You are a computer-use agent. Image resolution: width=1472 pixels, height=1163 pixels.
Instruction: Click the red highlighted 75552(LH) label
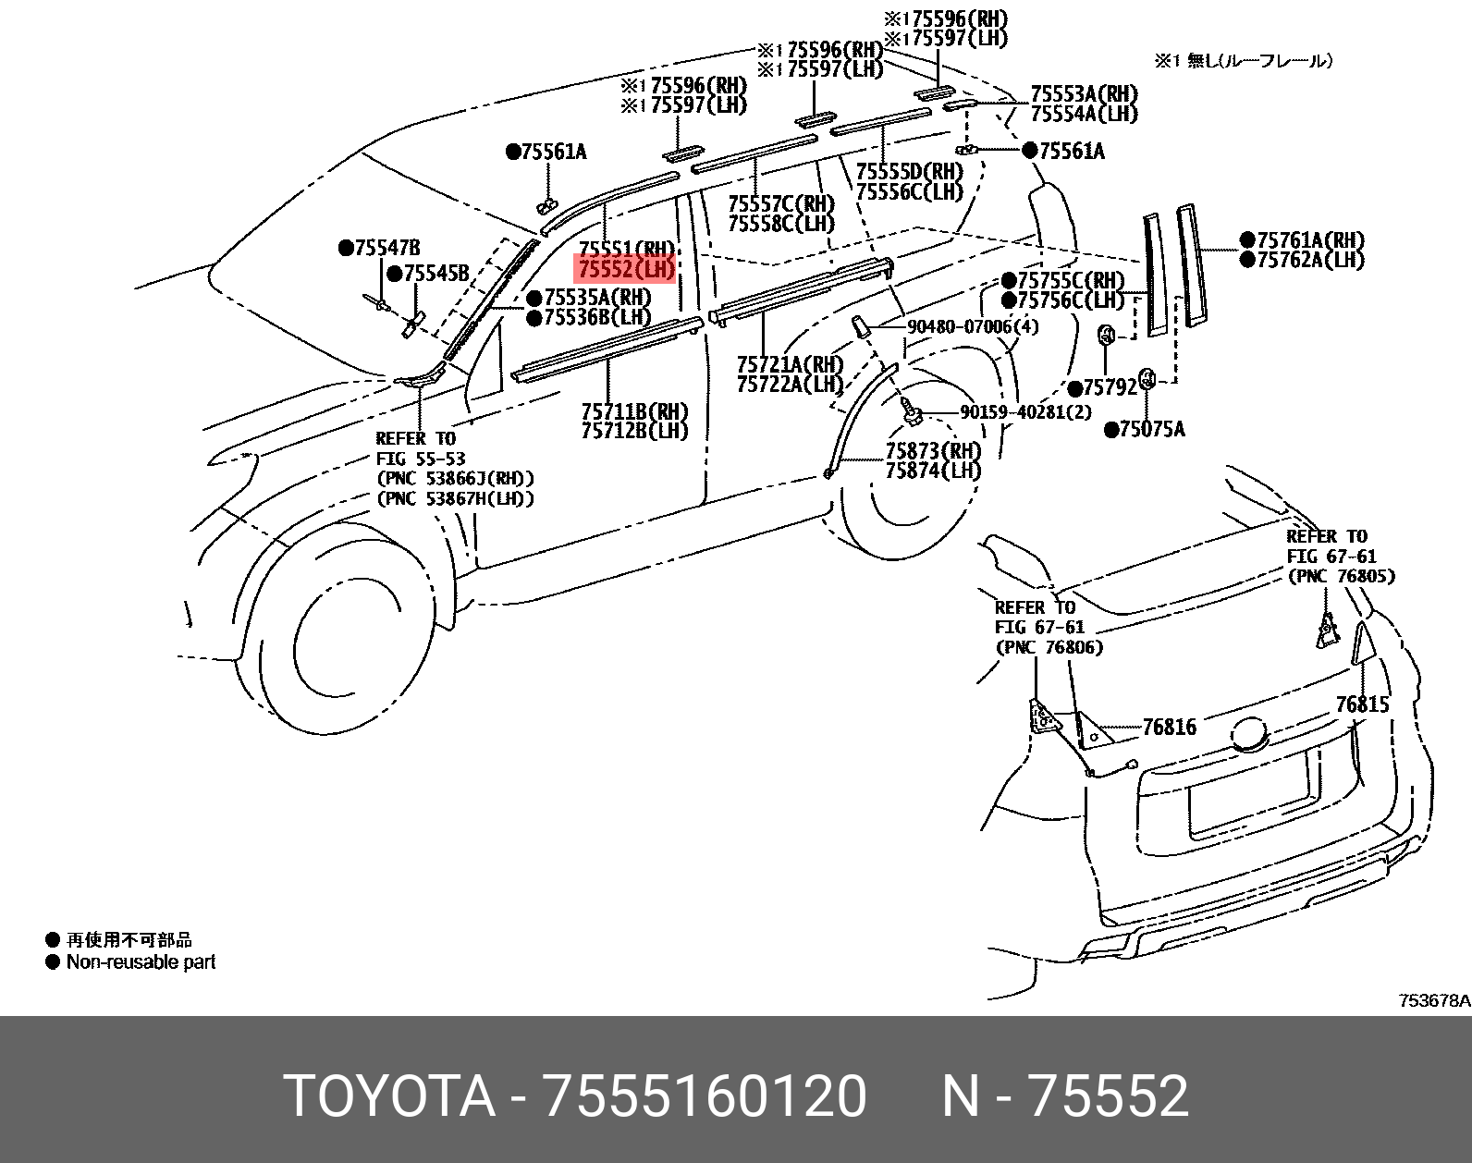pyautogui.click(x=625, y=269)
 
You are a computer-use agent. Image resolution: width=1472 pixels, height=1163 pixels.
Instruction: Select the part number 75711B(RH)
pyautogui.click(x=634, y=410)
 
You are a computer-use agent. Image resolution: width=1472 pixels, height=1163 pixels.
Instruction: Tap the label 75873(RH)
pyautogui.click(x=932, y=451)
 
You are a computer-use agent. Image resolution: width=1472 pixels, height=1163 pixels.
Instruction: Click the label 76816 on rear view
pyautogui.click(x=1169, y=728)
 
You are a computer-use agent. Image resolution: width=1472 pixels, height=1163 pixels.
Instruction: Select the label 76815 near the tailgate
pyautogui.click(x=1362, y=704)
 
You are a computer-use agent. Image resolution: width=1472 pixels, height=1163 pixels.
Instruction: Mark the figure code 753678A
pyautogui.click(x=1433, y=1000)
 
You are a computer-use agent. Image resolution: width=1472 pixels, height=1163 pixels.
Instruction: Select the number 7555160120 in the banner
pyautogui.click(x=705, y=1096)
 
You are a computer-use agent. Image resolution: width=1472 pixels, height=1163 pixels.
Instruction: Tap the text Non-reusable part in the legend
pyautogui.click(x=141, y=961)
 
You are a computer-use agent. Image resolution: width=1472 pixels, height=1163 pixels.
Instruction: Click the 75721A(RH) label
pyautogui.click(x=790, y=363)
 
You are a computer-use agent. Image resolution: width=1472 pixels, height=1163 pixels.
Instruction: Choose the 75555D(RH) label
pyautogui.click(x=909, y=172)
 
